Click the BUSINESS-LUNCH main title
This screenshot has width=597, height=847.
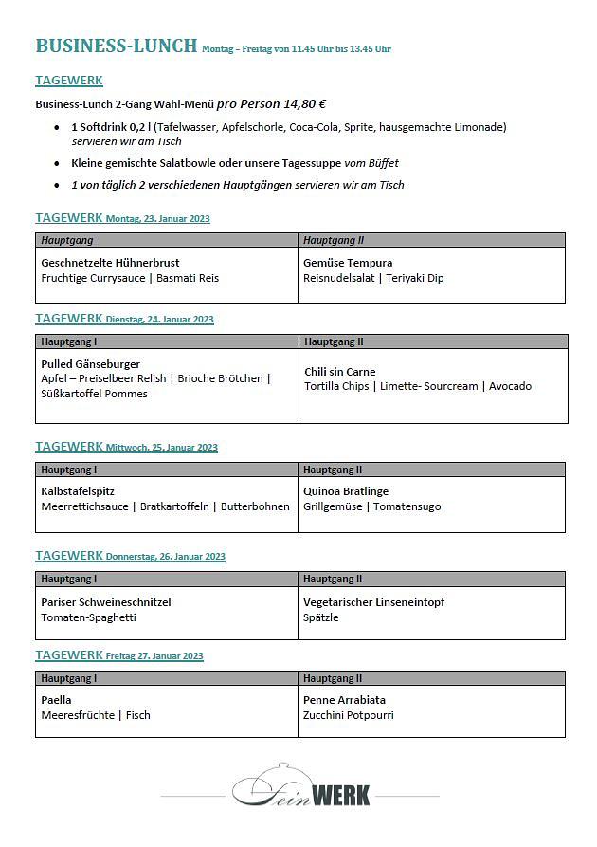(116, 46)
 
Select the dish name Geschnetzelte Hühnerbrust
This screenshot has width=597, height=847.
(110, 262)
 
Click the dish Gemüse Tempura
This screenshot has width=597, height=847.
(348, 262)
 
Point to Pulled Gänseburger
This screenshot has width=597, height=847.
(90, 363)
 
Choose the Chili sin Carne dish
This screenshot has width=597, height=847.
(340, 371)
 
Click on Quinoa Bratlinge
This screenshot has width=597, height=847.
(346, 491)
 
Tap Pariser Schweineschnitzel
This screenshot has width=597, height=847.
(106, 601)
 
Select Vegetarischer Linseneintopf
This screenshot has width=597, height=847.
(373, 601)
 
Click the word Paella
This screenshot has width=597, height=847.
(56, 700)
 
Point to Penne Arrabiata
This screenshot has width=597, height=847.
(344, 700)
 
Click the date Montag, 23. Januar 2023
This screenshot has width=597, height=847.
(157, 219)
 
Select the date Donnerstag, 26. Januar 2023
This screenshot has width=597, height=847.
(165, 557)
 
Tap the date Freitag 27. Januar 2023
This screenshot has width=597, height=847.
(154, 656)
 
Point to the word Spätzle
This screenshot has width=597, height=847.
(320, 617)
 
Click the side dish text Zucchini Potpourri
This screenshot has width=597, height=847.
(348, 715)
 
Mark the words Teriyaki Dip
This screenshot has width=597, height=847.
(413, 278)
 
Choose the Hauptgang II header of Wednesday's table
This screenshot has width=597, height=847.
(333, 470)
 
